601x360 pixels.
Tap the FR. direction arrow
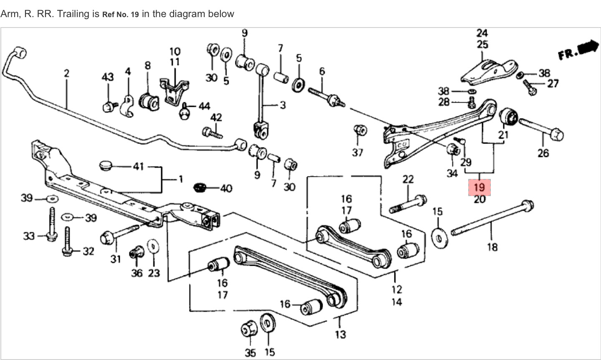click(578, 50)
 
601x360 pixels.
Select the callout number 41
click(139, 167)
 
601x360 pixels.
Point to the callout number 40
click(226, 189)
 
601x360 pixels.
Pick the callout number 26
click(543, 153)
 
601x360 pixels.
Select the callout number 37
click(357, 153)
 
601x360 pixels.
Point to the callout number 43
click(108, 77)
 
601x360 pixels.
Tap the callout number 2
click(66, 73)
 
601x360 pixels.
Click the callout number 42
click(216, 117)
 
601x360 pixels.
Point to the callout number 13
click(340, 334)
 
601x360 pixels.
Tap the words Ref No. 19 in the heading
click(120, 15)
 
